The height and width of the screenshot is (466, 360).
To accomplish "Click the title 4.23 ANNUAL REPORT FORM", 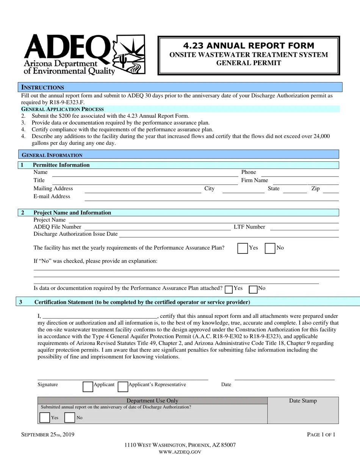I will click(249, 46).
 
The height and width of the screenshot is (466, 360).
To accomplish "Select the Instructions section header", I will click(42, 87).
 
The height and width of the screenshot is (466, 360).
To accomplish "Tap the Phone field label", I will click(249, 172).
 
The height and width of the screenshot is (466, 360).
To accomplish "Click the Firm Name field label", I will click(254, 180).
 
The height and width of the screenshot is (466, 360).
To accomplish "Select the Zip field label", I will click(315, 188).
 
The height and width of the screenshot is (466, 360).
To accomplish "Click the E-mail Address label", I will click(52, 196).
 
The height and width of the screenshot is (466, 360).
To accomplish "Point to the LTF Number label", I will click(249, 227).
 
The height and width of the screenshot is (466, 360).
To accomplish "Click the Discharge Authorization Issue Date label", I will click(75, 234).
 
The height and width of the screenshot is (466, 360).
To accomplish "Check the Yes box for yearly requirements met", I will click(243, 248).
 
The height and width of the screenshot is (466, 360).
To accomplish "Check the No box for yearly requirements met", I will click(270, 248).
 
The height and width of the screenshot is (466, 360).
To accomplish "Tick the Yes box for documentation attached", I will click(229, 289).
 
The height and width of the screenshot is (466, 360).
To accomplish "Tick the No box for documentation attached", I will click(253, 289).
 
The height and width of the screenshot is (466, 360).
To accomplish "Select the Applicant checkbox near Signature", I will click(88, 386).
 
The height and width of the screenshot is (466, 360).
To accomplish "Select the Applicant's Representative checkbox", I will click(122, 386).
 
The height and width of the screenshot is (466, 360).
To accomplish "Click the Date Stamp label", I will click(303, 401).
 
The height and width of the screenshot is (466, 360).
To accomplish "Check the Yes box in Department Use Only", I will click(44, 418).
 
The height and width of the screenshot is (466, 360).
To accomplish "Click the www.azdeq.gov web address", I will click(180, 452).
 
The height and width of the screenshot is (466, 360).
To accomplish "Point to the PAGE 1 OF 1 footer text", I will click(321, 435).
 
